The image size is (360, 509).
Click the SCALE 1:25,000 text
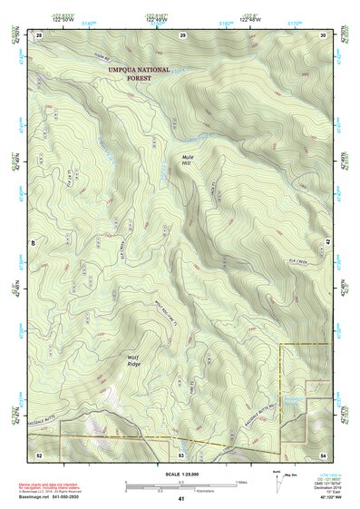click(181, 474)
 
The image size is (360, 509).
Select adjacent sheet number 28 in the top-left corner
click(39, 34)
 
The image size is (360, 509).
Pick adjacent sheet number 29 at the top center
click(182, 34)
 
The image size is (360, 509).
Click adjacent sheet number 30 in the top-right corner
click(323, 34)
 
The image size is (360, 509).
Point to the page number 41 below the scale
click(181, 499)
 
